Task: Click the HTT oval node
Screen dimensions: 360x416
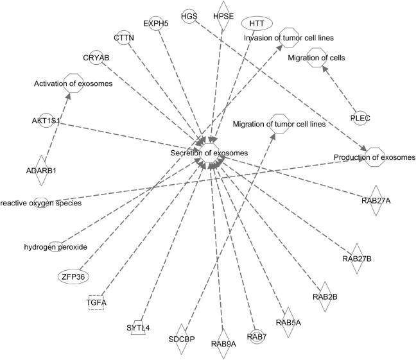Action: point(257,23)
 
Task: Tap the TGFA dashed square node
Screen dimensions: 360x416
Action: point(96,302)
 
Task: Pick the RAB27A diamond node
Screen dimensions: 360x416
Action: point(376,201)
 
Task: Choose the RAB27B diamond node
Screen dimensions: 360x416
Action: point(358,259)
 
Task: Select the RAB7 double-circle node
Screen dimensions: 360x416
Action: point(256,336)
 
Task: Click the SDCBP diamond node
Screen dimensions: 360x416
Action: point(181,338)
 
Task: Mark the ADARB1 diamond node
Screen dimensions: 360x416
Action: point(42,170)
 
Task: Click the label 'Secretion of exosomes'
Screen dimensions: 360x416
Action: point(209,153)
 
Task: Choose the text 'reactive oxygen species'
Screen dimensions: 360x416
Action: point(40,203)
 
